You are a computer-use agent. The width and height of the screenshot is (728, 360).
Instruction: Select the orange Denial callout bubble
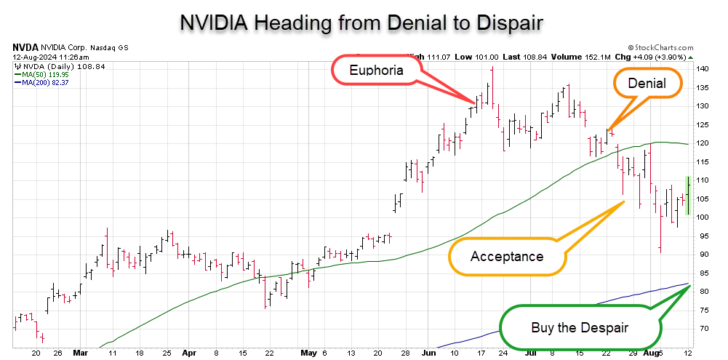pyautogui.click(x=647, y=83)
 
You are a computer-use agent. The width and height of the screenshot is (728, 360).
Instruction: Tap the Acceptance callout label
pyautogui.click(x=506, y=256)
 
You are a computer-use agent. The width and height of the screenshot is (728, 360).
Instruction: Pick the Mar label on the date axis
pyautogui.click(x=80, y=353)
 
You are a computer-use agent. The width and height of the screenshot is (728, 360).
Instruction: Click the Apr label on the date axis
pyautogui.click(x=189, y=353)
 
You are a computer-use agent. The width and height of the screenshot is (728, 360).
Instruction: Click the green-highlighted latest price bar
pyautogui.click(x=687, y=195)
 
